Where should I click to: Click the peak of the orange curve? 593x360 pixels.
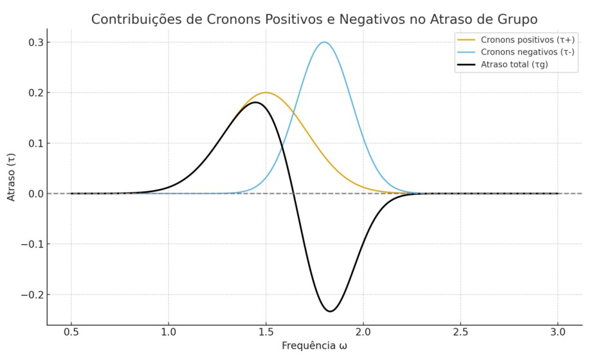coord(265,93)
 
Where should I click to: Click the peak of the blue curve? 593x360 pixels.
coord(324,42)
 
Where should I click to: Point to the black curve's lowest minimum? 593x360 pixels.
coord(330,311)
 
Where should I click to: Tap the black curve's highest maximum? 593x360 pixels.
coord(255,102)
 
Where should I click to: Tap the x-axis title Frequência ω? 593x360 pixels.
coord(314,346)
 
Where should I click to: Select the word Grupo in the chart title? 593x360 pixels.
coord(515,19)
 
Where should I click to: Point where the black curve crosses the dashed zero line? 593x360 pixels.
coord(294,194)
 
